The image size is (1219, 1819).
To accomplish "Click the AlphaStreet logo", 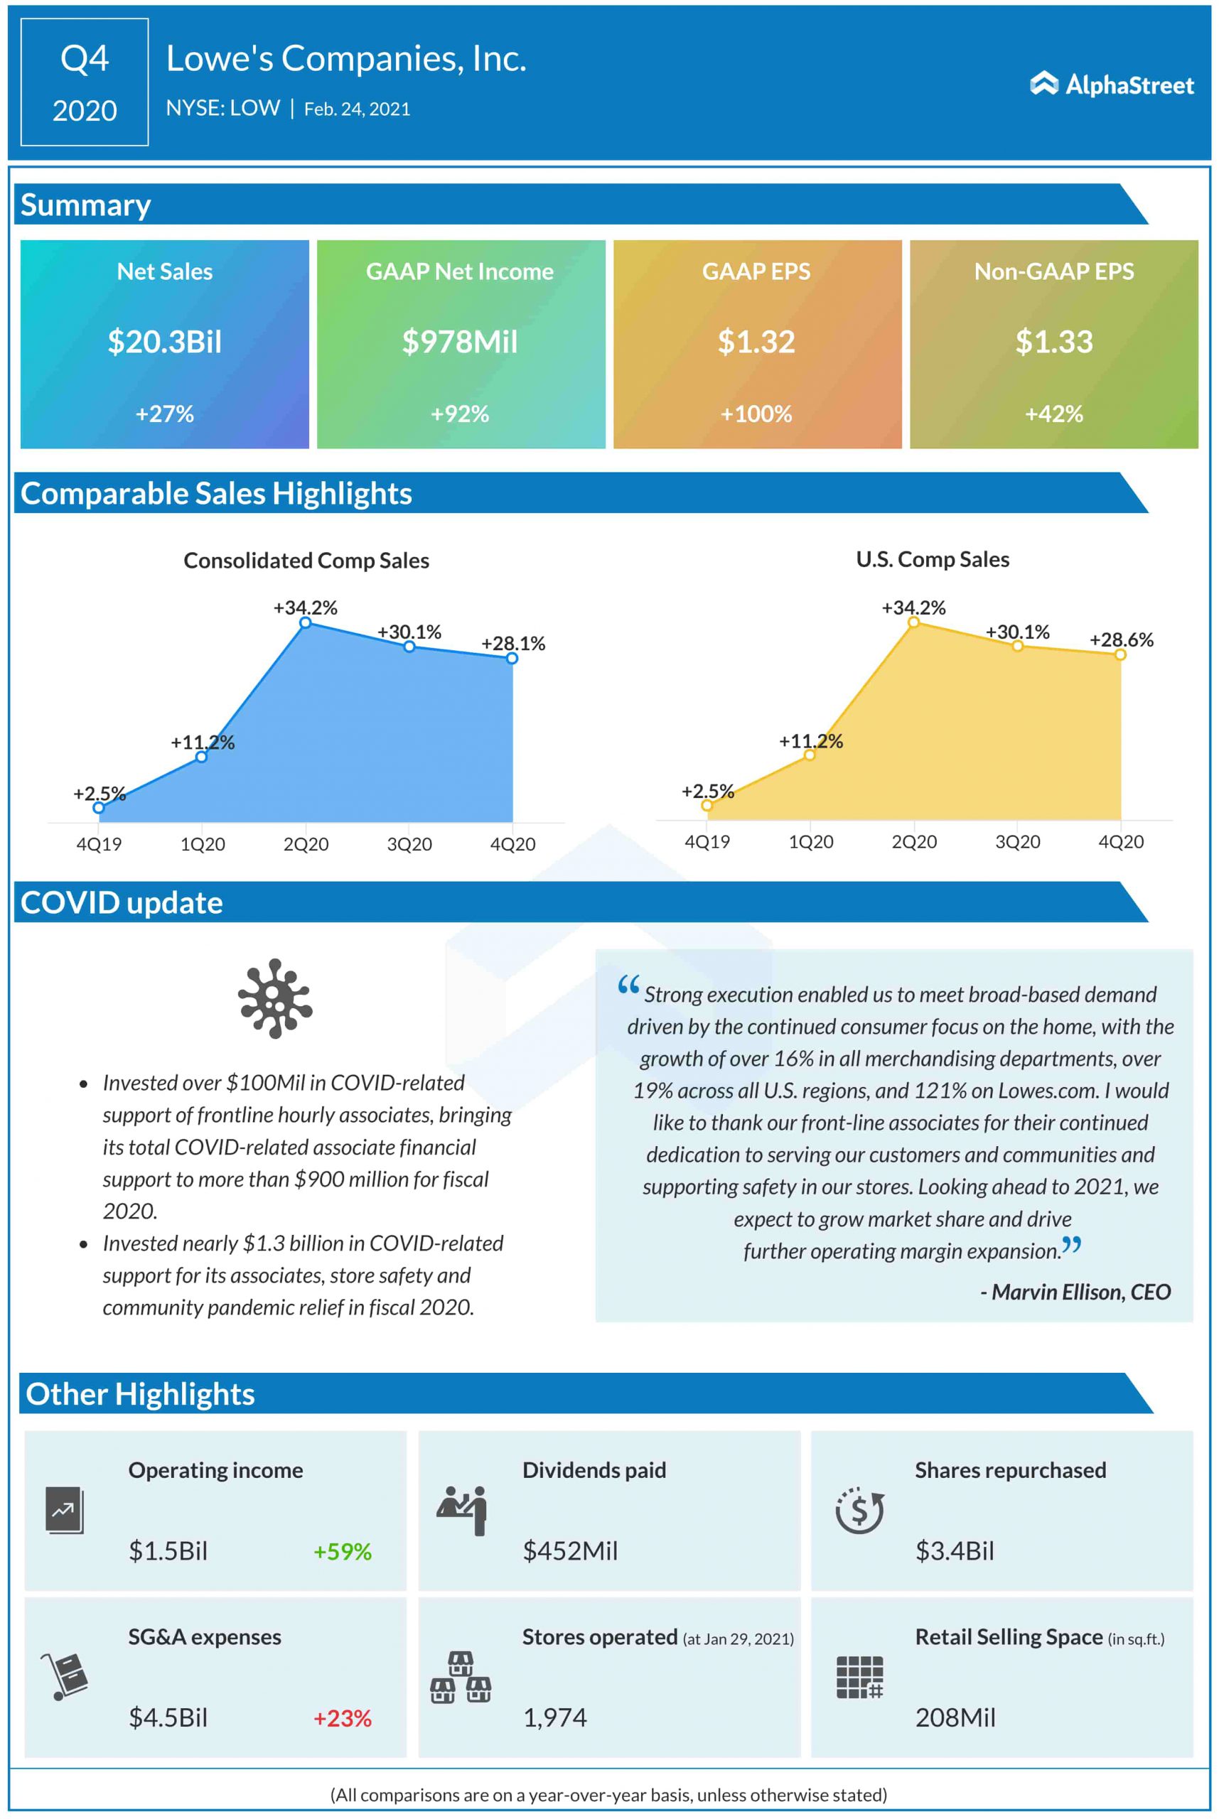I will pos(1112,84).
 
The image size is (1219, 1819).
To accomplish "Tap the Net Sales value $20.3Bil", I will pos(164,342).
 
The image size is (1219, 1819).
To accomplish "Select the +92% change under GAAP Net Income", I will pos(461,414).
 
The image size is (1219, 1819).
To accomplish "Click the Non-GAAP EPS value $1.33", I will pos(1053,342).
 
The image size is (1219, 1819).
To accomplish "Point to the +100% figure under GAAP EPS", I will pos(756,414).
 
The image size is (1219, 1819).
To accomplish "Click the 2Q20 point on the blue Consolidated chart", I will pos(306,622).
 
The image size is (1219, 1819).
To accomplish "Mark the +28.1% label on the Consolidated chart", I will pos(513,643).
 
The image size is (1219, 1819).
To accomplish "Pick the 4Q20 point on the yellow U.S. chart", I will pos(1120,654).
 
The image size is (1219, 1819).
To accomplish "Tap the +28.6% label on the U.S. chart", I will pos(1121,639).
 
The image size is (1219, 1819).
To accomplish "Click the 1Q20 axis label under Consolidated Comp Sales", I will pos(202,844).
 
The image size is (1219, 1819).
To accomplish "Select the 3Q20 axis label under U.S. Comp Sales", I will pos(1018,841).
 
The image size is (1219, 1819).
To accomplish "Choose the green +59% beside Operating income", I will pos(342,1551).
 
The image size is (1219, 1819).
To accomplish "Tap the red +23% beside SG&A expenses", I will pos(342,1718).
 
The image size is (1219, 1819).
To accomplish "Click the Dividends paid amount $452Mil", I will pos(570,1551).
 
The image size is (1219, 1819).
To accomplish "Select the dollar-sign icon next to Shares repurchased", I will pos(859,1510).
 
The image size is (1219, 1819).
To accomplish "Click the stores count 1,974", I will pos(554,1718).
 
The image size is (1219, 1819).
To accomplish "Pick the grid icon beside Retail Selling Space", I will pos(859,1677).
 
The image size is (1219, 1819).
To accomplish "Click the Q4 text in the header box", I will pos(85,59).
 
